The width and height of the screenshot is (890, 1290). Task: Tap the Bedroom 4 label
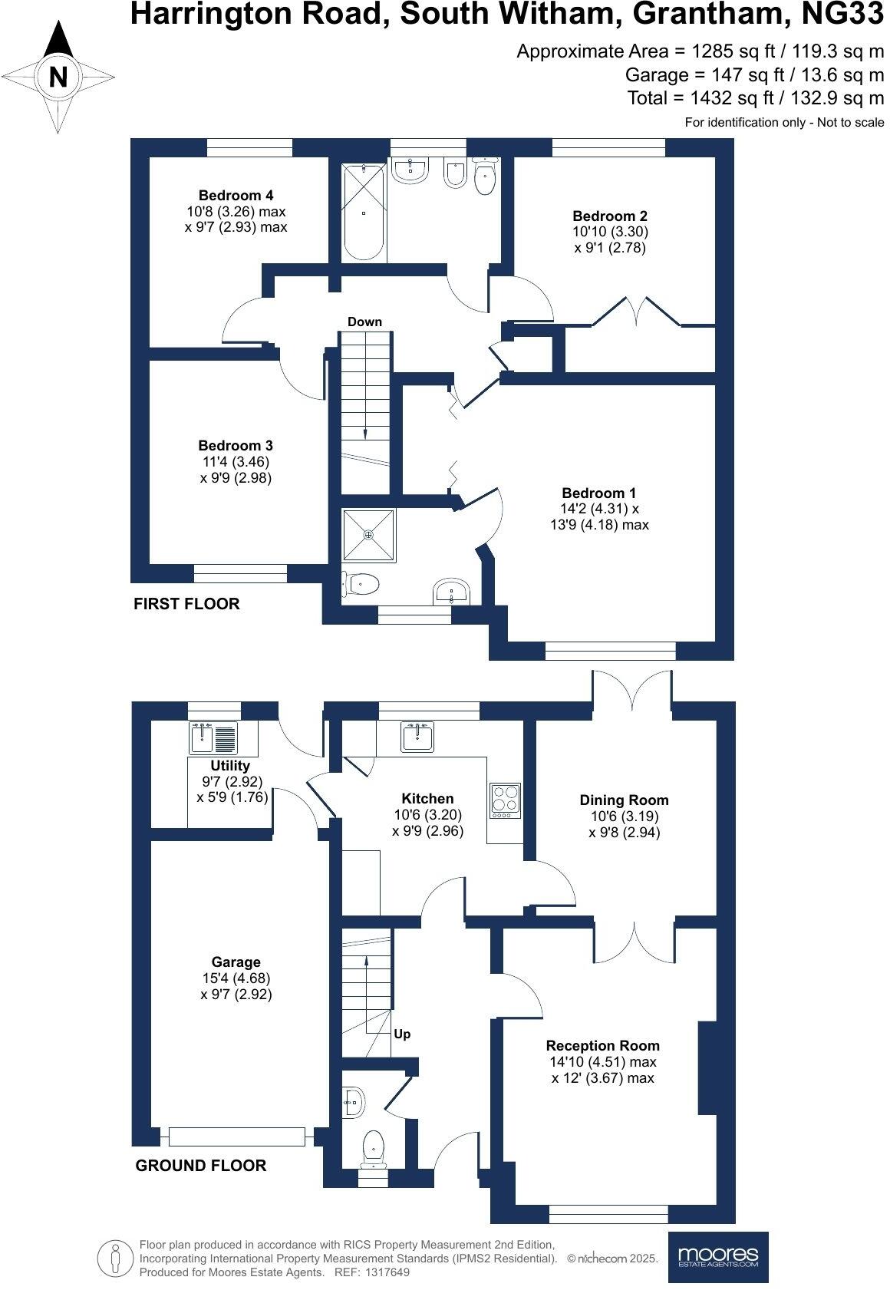(236, 195)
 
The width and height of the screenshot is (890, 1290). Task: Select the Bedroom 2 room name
(605, 216)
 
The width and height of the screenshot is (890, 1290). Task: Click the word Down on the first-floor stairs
(364, 322)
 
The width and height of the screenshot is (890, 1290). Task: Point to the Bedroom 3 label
(236, 445)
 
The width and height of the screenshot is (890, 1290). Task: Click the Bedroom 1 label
(599, 493)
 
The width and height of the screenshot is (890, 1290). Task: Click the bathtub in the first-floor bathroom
(363, 211)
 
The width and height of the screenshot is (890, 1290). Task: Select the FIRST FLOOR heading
(186, 604)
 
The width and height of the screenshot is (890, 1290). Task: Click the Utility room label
(230, 765)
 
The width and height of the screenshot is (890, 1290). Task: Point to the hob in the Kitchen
(505, 800)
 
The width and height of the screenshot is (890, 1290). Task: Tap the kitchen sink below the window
(417, 737)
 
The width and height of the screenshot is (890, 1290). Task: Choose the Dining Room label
(624, 800)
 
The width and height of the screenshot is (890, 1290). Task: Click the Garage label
(236, 962)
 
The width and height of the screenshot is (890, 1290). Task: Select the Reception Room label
(602, 1045)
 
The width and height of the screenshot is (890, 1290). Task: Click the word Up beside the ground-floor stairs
(402, 1034)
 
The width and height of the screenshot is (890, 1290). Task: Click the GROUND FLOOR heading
(201, 1166)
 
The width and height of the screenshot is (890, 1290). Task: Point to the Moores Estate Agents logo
(718, 1257)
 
